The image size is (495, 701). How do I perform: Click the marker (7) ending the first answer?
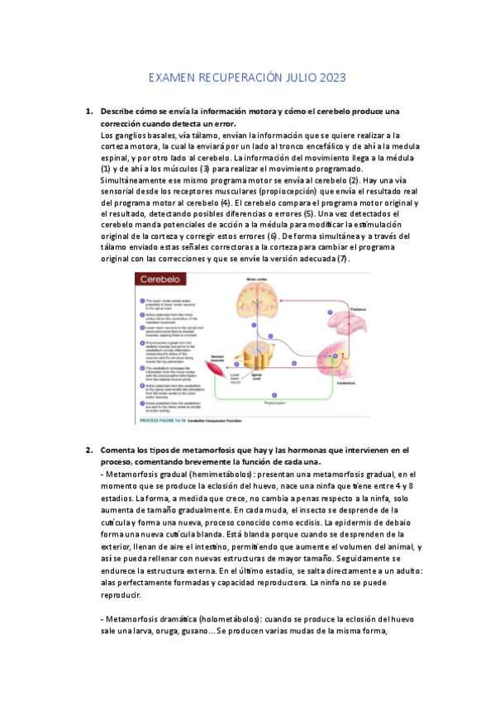click(344, 259)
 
